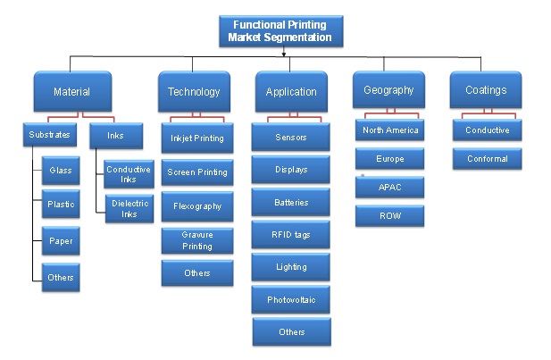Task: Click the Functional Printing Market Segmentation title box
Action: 280,31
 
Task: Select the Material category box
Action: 71,91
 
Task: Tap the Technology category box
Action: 194,91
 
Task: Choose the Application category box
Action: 291,91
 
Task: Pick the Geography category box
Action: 388,90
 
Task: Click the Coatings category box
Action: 486,90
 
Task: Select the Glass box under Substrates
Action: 60,170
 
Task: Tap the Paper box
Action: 60,240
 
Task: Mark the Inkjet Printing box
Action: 197,138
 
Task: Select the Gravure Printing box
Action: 197,240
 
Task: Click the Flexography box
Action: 197,206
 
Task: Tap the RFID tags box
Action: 291,234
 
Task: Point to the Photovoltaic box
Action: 291,299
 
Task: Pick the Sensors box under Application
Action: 291,138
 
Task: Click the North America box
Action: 390,130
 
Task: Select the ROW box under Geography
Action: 390,215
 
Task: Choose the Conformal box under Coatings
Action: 488,159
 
